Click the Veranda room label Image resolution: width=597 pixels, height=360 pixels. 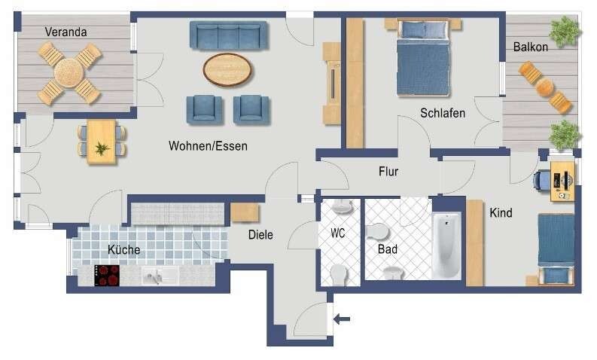(65, 32)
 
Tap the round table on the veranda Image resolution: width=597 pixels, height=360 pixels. (69, 73)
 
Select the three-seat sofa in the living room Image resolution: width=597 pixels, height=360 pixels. (229, 35)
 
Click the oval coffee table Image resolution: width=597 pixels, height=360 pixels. (228, 70)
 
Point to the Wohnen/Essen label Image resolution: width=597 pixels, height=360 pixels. (208, 146)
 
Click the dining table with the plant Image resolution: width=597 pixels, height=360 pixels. (102, 142)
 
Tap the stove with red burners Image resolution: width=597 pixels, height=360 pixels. (108, 275)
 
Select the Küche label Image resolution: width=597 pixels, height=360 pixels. (123, 250)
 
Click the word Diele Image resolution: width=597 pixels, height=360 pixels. (260, 235)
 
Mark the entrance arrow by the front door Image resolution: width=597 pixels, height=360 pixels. (342, 319)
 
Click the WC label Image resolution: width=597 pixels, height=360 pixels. (338, 233)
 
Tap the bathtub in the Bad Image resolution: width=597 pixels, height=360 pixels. (446, 245)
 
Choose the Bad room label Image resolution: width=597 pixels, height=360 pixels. (387, 249)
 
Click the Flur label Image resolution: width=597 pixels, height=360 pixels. (388, 172)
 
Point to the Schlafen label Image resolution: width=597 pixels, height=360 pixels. (442, 113)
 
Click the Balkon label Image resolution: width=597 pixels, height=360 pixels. (530, 47)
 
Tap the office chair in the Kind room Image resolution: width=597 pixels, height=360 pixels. (544, 181)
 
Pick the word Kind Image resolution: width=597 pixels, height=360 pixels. (501, 213)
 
